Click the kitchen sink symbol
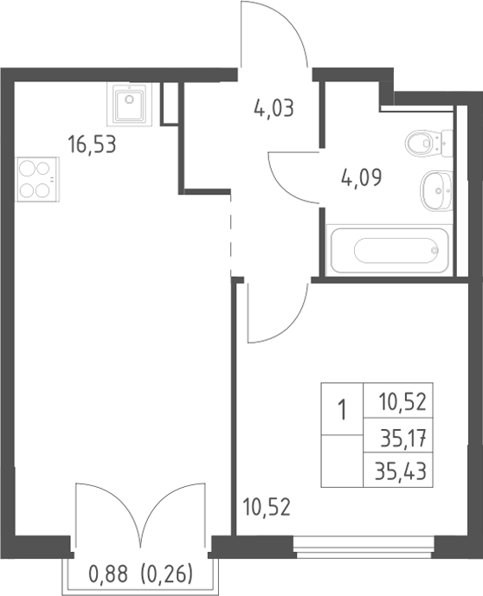(129, 104)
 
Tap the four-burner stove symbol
(37, 179)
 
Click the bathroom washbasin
(436, 191)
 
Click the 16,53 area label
(92, 145)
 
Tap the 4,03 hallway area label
(274, 108)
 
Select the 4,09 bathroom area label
(361, 177)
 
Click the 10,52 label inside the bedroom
(267, 508)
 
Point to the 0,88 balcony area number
(108, 574)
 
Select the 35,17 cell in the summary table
(403, 437)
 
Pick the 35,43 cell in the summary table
(401, 471)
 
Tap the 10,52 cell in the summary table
(402, 402)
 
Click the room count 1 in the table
(343, 410)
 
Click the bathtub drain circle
(435, 250)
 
